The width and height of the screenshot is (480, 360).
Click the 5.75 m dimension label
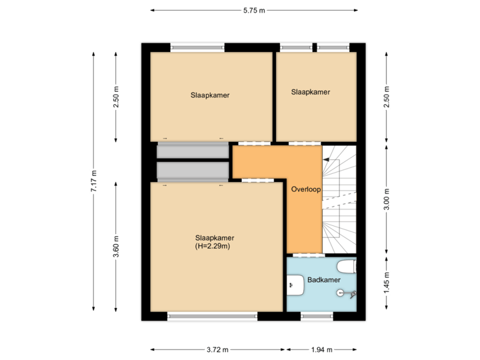[x=253, y=10]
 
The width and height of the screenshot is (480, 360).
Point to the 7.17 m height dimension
[x=93, y=181]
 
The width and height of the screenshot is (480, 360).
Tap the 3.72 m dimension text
[x=217, y=349]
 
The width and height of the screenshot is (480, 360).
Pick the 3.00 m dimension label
[x=387, y=201]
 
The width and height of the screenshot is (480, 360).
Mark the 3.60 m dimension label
[x=116, y=246]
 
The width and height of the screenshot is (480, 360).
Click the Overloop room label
[x=306, y=189]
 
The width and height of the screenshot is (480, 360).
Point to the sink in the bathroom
[x=293, y=286]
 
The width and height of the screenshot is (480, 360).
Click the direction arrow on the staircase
[x=326, y=160]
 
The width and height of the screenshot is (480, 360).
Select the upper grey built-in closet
[x=192, y=151]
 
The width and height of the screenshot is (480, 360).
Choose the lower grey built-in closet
[x=192, y=171]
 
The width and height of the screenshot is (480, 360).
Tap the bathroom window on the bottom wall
[x=317, y=317]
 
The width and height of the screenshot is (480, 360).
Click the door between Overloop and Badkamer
[x=309, y=255]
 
